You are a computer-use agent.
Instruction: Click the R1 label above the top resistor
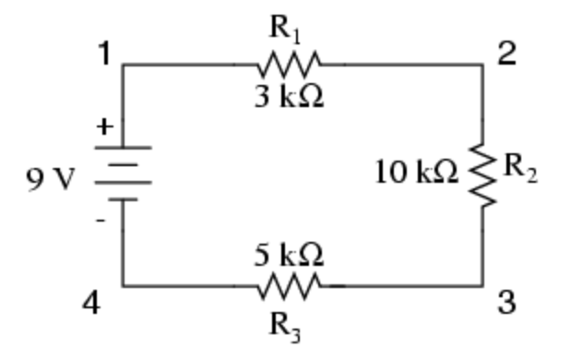(x=285, y=30)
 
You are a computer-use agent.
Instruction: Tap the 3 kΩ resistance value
(x=289, y=97)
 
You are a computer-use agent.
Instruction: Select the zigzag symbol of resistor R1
(x=290, y=65)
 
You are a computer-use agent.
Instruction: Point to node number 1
(x=104, y=54)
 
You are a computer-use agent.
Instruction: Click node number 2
(x=506, y=54)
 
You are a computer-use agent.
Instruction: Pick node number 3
(x=506, y=303)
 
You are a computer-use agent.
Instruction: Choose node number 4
(x=91, y=303)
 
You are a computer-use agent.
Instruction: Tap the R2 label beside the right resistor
(x=520, y=168)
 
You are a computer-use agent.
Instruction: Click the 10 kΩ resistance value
(x=416, y=172)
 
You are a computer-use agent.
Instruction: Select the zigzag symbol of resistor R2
(x=482, y=175)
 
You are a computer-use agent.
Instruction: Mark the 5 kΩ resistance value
(x=289, y=254)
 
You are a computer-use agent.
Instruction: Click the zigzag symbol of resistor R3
(x=290, y=286)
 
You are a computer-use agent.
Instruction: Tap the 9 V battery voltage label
(x=51, y=179)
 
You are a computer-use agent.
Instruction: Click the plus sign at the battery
(x=105, y=126)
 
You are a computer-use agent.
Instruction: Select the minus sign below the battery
(x=101, y=221)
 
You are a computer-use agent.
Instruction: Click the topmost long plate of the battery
(x=123, y=148)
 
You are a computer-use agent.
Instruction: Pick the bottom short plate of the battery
(x=123, y=199)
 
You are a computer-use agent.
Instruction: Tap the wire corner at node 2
(x=482, y=65)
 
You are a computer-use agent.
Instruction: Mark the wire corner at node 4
(x=123, y=286)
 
